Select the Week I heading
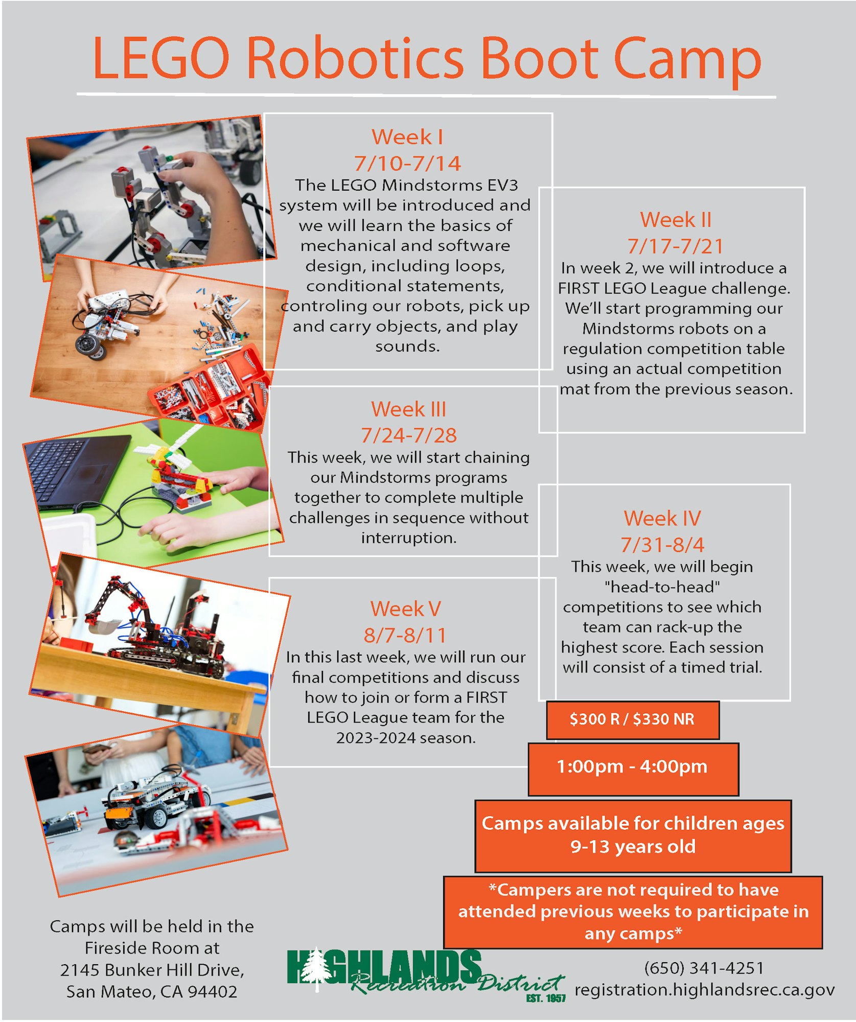(407, 137)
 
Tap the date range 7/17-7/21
(675, 246)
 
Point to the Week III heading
(408, 409)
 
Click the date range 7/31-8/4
(662, 545)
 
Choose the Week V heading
(406, 609)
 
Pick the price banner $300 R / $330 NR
(633, 720)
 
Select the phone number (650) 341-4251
(704, 968)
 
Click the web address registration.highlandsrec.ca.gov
(704, 990)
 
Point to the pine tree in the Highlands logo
(317, 969)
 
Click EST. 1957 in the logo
(546, 998)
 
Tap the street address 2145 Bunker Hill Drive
(152, 970)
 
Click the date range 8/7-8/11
(405, 635)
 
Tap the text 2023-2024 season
(406, 738)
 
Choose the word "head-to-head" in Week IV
(662, 587)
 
